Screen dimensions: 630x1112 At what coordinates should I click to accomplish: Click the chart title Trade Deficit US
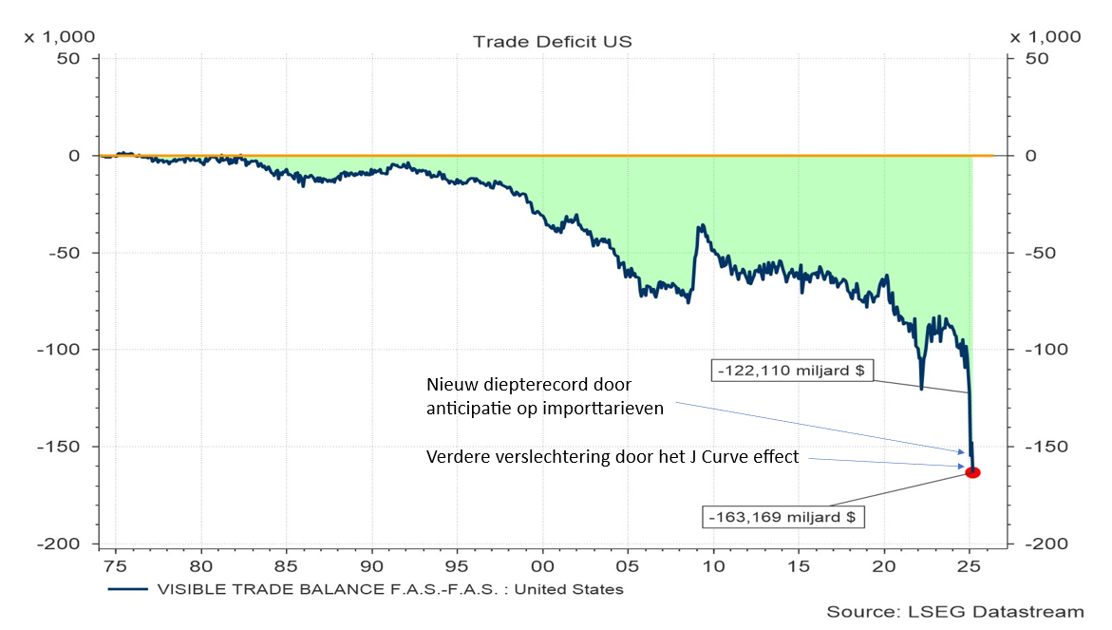(x=552, y=41)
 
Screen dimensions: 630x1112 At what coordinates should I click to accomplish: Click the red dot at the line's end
(x=972, y=472)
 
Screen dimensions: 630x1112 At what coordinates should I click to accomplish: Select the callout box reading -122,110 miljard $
(x=791, y=371)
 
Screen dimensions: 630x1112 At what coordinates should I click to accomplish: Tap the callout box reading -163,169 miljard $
(x=783, y=518)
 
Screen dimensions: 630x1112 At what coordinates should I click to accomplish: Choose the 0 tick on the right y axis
(x=1030, y=156)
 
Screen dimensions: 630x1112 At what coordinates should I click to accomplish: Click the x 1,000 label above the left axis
(x=59, y=37)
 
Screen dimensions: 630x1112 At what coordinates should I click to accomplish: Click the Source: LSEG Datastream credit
(x=954, y=611)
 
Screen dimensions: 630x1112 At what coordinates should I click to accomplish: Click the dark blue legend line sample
(x=128, y=589)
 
